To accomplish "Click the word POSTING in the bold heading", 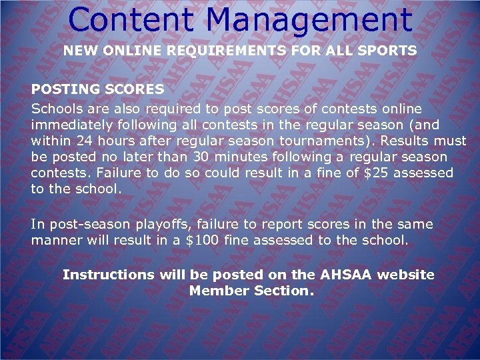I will pos(59,89).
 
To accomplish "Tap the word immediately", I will pos(71,125).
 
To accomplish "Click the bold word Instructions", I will pos(108,275).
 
